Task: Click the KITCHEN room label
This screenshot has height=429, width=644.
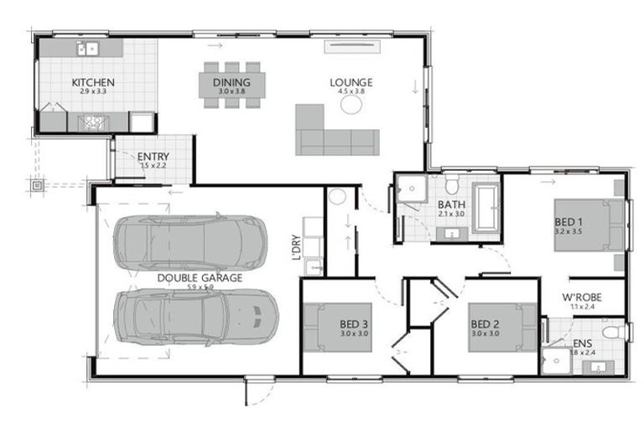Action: click(x=93, y=82)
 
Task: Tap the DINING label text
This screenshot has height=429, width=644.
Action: click(x=231, y=82)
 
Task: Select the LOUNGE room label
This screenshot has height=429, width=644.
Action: click(x=351, y=82)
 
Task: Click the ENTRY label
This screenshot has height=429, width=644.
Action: click(x=153, y=157)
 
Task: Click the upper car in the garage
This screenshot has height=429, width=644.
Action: click(x=190, y=242)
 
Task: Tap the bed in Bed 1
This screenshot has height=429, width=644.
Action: click(x=589, y=225)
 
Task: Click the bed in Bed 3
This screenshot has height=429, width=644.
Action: click(x=336, y=327)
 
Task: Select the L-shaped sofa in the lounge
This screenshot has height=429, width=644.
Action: click(x=335, y=133)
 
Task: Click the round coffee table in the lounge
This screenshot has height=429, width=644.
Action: click(x=351, y=105)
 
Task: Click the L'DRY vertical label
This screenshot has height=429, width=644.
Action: click(x=296, y=246)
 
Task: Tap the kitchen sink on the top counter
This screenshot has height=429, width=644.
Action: click(x=87, y=49)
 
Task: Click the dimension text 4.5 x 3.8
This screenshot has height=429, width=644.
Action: click(x=351, y=91)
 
